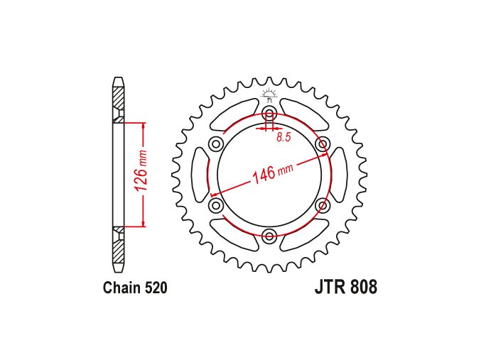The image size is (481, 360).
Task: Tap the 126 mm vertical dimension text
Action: pos(141,170)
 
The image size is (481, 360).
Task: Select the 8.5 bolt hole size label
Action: pos(283,137)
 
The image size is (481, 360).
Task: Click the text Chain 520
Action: pos(135,288)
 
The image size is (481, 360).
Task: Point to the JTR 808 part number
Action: pos(346,288)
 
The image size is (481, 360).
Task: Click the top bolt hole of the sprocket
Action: pos(269,112)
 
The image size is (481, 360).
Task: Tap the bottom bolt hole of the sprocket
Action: pos(269,236)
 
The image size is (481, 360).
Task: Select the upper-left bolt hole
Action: pos(216,143)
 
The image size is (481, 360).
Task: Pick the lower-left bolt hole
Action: pos(216,204)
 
